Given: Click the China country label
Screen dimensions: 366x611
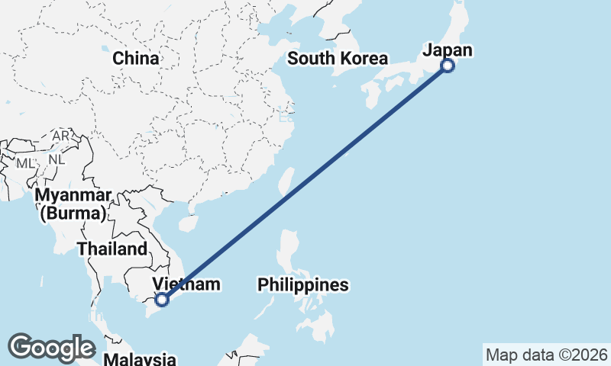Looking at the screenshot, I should pyautogui.click(x=136, y=59).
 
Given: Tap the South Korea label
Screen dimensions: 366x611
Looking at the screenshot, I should pyautogui.click(x=338, y=59).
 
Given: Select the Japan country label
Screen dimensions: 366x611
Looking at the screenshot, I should pyautogui.click(x=448, y=50).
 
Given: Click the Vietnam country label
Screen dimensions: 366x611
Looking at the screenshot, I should pyautogui.click(x=187, y=285).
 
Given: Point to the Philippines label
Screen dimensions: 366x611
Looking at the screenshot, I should pyautogui.click(x=303, y=285).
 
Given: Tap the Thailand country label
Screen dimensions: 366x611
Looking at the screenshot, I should pyautogui.click(x=112, y=249).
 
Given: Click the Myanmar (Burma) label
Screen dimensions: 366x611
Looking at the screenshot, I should pyautogui.click(x=73, y=204).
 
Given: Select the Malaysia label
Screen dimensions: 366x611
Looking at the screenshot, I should pyautogui.click(x=140, y=358).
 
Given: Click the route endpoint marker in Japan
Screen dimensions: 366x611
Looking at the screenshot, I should pyautogui.click(x=448, y=66).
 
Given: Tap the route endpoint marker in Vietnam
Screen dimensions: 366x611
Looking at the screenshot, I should pyautogui.click(x=162, y=300).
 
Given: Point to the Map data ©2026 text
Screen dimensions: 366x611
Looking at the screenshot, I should pyautogui.click(x=547, y=355).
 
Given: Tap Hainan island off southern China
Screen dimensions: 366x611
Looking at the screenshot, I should pyautogui.click(x=186, y=223).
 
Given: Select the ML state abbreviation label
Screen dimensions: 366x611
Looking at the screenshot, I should pyautogui.click(x=25, y=163).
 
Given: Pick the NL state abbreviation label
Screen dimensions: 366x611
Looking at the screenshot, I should pyautogui.click(x=56, y=160).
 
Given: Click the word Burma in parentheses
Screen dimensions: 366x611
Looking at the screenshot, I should pyautogui.click(x=73, y=213).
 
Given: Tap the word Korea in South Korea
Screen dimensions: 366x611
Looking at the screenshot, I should pyautogui.click(x=364, y=59).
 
